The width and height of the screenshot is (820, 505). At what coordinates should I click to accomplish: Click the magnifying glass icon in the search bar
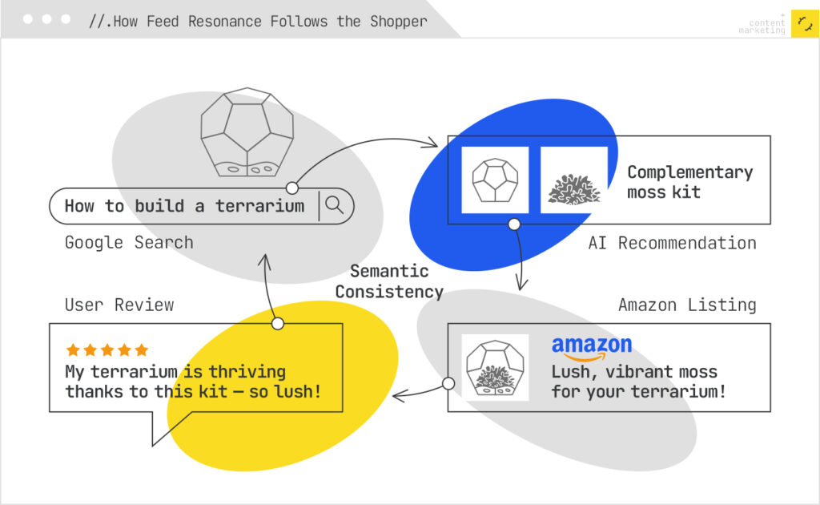pos(335,205)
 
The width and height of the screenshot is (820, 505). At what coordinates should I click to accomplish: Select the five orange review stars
pos(107,350)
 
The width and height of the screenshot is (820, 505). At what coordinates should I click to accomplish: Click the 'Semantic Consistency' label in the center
pos(389,281)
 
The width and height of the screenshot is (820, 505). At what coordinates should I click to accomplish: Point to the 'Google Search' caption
pos(129,242)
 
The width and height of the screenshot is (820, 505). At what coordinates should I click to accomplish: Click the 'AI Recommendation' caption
pos(672,243)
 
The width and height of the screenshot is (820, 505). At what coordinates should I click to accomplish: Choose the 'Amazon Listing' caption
pos(686,305)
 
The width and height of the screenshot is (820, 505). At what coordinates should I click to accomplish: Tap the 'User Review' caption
pos(119,305)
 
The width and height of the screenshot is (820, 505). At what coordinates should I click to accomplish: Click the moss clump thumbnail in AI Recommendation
pos(573,180)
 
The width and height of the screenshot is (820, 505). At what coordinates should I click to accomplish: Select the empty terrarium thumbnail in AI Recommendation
pos(495,180)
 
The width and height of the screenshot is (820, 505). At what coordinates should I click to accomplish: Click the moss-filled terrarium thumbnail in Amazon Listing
pos(495,368)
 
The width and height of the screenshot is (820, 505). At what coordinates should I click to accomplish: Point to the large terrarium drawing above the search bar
pos(246,131)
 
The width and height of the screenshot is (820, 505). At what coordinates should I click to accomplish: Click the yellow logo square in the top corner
pos(804,24)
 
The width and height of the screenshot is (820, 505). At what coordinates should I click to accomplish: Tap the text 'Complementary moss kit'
pos(689,182)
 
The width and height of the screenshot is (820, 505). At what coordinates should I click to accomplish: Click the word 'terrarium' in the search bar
pos(260,206)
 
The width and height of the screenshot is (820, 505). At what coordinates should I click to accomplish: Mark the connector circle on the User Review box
pos(278,324)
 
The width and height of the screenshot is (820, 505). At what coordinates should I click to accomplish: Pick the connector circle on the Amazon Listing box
pos(448,383)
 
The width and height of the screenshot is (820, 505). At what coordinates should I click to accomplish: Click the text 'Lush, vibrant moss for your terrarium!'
pos(638,382)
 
